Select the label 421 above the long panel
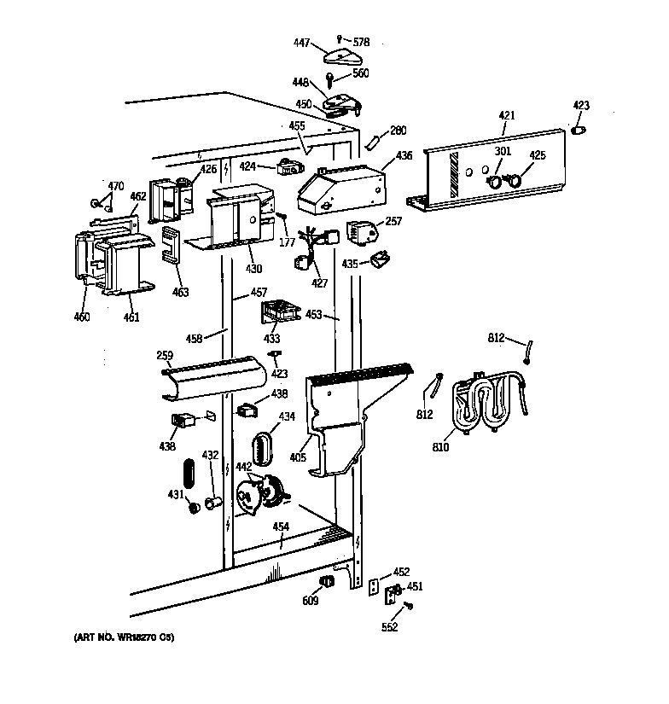point(507,114)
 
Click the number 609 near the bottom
point(311,601)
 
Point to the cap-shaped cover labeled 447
point(344,57)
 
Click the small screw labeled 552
point(410,606)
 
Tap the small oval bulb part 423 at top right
point(578,130)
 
